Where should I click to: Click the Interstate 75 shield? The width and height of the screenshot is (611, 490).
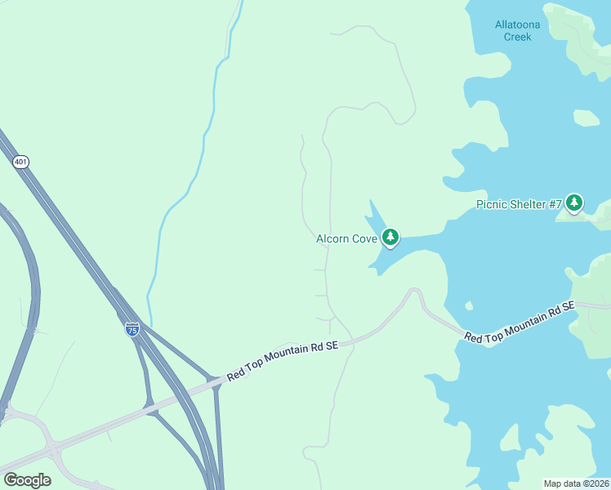(x=132, y=329)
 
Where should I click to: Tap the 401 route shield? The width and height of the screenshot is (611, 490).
(x=21, y=162)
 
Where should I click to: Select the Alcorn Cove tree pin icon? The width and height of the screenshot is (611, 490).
(x=391, y=237)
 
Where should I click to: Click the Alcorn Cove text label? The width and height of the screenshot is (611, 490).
(x=346, y=239)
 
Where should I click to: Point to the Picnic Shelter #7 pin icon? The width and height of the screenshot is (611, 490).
(x=574, y=202)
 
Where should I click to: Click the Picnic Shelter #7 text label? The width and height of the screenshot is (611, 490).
(x=519, y=204)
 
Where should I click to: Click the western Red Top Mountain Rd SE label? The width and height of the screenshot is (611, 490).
(x=282, y=360)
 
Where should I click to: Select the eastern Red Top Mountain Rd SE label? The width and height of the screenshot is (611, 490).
(x=520, y=323)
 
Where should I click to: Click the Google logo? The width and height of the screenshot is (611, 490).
(x=28, y=480)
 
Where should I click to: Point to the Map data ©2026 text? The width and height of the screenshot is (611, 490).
(x=576, y=483)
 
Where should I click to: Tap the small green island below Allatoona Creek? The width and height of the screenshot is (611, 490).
(x=586, y=118)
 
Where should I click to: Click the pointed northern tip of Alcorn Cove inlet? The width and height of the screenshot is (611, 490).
(x=370, y=201)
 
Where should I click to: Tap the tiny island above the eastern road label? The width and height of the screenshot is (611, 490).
(x=468, y=305)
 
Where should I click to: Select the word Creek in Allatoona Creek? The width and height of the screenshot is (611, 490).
(x=518, y=37)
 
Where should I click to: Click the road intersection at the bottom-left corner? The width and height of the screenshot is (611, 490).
(x=52, y=448)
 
